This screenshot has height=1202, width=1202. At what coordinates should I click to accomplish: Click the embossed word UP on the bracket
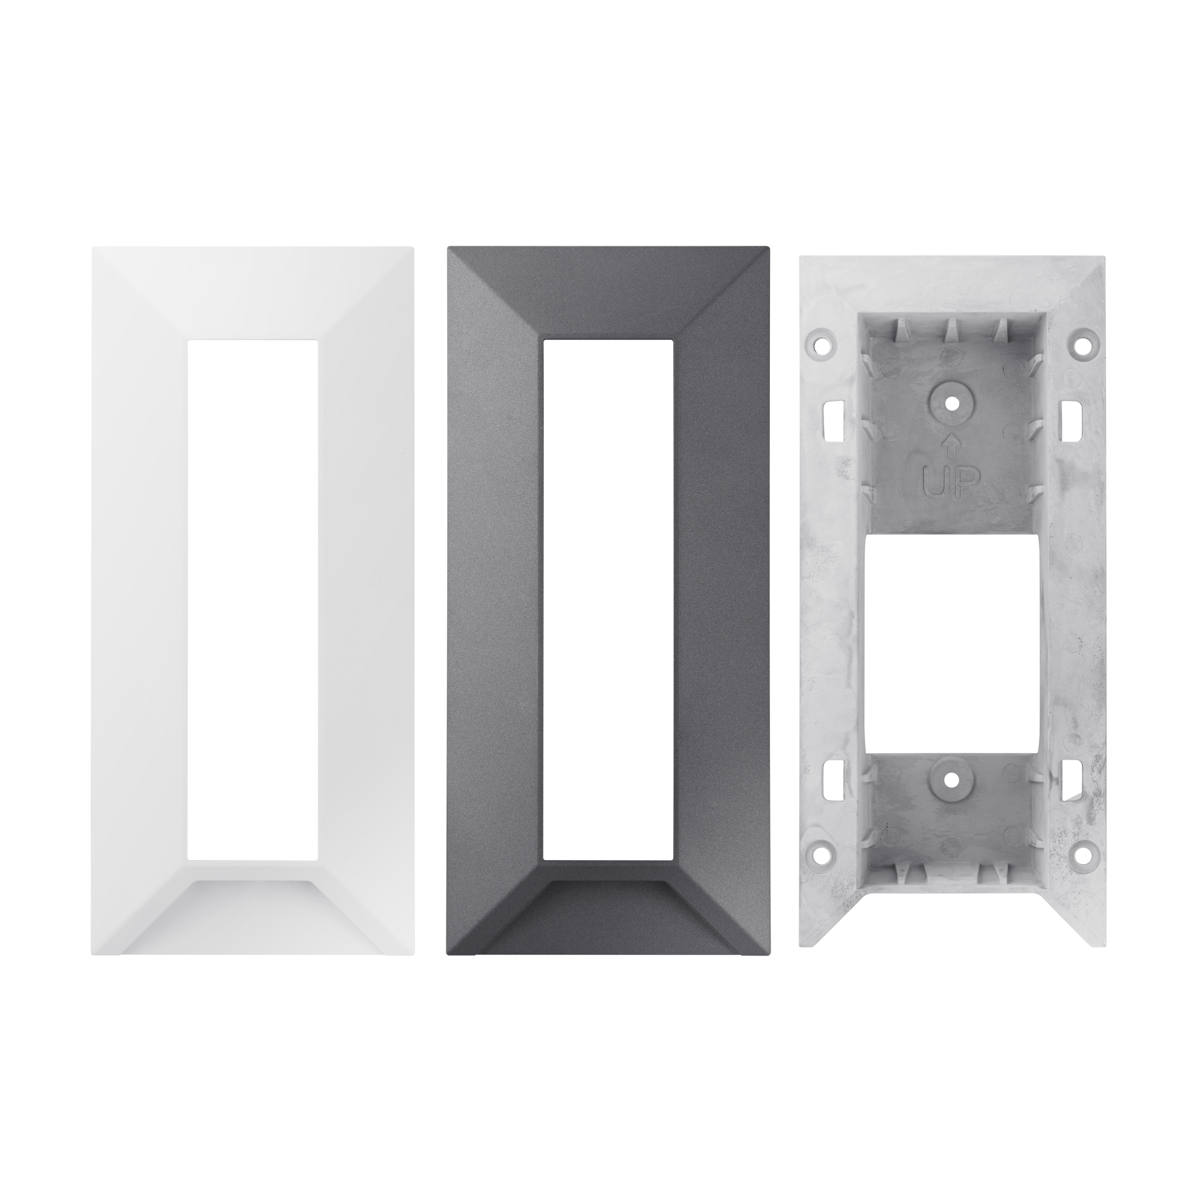tap(951, 480)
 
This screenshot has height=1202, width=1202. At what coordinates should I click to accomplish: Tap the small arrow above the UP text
tap(951, 444)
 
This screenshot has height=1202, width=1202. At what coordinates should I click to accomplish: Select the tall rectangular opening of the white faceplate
tap(252, 600)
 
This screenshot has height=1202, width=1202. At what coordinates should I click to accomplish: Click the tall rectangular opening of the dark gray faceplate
tap(608, 600)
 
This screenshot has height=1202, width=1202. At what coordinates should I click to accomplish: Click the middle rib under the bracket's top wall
tap(951, 330)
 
